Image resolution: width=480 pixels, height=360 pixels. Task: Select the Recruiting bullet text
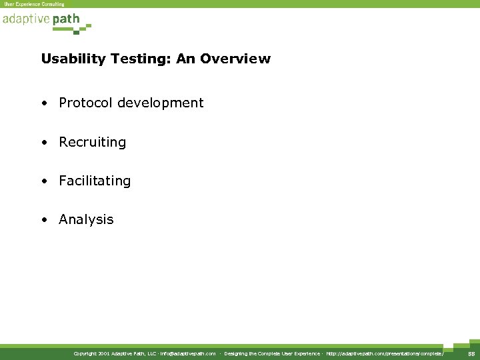click(92, 142)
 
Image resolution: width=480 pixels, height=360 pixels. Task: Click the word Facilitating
click(95, 181)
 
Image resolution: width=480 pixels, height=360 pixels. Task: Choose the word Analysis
click(86, 219)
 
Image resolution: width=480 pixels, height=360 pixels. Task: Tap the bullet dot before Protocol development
click(43, 103)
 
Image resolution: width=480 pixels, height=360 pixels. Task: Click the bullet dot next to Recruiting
click(43, 142)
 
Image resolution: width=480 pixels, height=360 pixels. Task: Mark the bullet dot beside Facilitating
click(43, 181)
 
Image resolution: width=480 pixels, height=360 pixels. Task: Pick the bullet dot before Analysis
click(43, 219)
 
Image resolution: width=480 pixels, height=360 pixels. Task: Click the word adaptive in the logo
click(25, 19)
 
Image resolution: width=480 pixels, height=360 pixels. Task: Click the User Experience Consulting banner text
click(34, 4)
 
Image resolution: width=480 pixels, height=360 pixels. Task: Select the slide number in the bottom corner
click(469, 353)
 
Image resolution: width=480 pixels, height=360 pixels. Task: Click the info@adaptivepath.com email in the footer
click(188, 353)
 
